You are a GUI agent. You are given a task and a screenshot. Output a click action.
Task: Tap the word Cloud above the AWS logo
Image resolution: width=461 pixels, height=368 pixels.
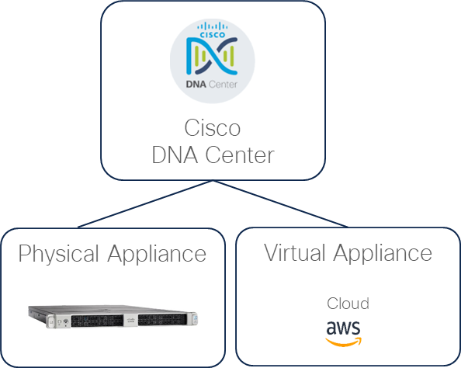pos(347,303)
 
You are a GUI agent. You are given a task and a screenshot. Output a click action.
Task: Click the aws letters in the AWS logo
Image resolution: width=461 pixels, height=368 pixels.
pos(342,327)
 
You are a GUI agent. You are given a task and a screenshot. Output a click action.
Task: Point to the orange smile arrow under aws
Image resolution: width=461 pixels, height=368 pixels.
pos(344,338)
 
